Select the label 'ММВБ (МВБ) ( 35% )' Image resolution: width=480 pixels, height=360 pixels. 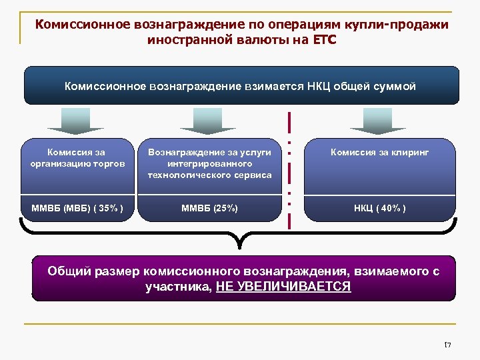tap(77, 209)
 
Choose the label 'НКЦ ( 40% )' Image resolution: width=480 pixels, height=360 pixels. tap(379, 209)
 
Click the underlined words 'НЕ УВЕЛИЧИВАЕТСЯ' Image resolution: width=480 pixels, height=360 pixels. tap(284, 287)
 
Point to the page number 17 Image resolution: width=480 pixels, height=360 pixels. tap(448, 344)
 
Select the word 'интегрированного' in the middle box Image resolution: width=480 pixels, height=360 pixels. tap(210, 163)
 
